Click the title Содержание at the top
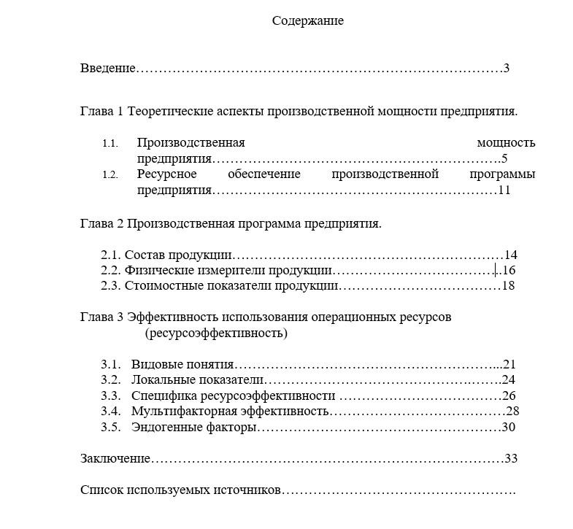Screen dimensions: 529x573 point(307,20)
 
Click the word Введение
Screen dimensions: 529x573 point(108,69)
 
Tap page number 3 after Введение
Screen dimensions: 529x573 point(506,69)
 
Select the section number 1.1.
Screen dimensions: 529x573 point(110,143)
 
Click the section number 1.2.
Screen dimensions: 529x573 point(110,174)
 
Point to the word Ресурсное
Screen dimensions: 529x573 point(166,174)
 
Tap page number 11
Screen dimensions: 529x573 point(504,190)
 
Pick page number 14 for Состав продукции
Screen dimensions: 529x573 point(511,255)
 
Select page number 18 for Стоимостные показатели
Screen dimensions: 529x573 point(509,285)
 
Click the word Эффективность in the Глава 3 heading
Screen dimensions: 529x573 point(172,317)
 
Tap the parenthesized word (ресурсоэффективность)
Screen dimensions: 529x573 point(216,333)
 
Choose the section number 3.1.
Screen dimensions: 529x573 point(110,364)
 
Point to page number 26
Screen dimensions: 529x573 point(509,395)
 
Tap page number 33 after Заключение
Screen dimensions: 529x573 point(511,458)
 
